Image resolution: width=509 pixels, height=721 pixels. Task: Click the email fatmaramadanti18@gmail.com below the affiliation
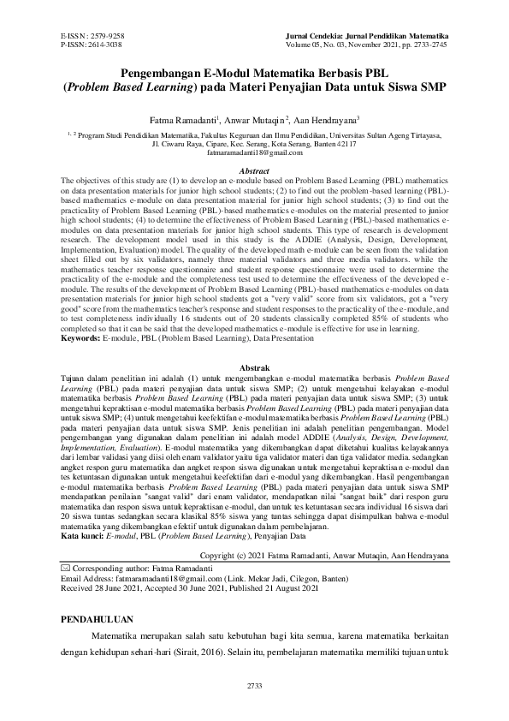[x=255, y=151]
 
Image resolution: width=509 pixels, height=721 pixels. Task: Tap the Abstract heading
[x=255, y=171]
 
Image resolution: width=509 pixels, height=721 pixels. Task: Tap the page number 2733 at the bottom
[x=254, y=686]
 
